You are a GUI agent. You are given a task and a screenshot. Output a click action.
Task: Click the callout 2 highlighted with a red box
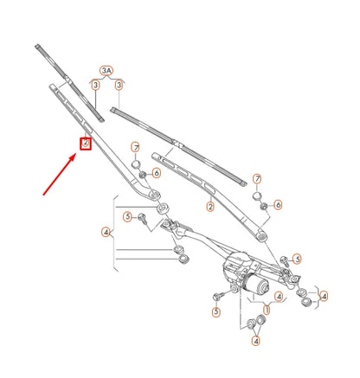(86, 144)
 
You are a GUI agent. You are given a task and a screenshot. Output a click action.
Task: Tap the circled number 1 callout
(267, 310)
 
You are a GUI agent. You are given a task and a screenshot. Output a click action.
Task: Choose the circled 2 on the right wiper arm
(210, 207)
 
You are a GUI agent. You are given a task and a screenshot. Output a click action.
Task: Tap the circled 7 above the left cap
(136, 149)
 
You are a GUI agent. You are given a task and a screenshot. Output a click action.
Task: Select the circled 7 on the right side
(256, 179)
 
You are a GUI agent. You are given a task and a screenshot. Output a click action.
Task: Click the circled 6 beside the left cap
(156, 173)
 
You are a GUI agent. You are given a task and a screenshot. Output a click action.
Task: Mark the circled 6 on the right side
(277, 205)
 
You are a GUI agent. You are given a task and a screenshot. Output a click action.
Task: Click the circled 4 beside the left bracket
(106, 232)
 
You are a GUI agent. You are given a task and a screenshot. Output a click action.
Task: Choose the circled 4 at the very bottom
(256, 341)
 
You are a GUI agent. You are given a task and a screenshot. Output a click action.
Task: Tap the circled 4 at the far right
(324, 297)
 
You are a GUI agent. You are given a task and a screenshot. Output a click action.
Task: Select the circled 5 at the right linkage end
(296, 258)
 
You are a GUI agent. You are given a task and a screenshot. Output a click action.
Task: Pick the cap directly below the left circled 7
(136, 166)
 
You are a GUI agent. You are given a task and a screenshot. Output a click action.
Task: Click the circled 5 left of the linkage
(127, 216)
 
